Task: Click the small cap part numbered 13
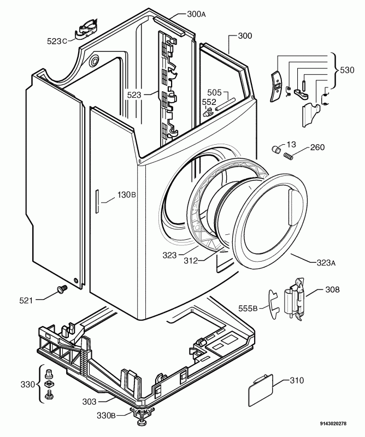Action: [277, 149]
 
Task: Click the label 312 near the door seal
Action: [190, 261]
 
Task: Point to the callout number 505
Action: [214, 93]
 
